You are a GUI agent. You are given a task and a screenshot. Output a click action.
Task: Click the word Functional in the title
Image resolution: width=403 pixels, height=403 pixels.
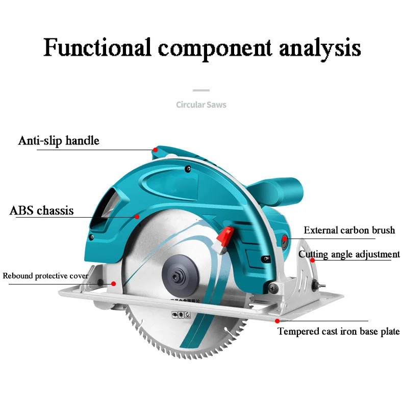pyautogui.click(x=97, y=48)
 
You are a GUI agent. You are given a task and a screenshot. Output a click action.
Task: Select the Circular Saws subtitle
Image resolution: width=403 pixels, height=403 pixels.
pyautogui.click(x=201, y=105)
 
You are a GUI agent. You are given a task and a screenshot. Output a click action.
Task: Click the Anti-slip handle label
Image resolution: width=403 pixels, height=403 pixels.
pyautogui.click(x=59, y=140)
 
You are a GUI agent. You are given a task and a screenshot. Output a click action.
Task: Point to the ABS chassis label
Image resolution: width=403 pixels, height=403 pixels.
pyautogui.click(x=42, y=210)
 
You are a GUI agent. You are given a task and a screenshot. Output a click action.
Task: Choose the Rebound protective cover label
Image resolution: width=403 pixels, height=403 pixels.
pyautogui.click(x=46, y=276)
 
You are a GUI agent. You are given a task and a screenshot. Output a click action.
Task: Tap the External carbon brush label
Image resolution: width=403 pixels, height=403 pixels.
pyautogui.click(x=349, y=230)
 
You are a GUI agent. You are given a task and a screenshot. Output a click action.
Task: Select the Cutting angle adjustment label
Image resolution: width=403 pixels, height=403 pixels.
pyautogui.click(x=349, y=254)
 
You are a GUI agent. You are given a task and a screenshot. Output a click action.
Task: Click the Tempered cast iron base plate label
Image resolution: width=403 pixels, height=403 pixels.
pyautogui.click(x=338, y=331)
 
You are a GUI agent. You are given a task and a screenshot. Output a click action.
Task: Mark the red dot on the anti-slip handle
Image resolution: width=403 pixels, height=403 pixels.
pyautogui.click(x=155, y=150)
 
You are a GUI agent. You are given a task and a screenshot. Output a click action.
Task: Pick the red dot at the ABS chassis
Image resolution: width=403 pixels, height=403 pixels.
pyautogui.click(x=137, y=217)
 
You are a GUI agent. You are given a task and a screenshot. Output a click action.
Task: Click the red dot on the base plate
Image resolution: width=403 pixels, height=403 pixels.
pyautogui.click(x=277, y=321)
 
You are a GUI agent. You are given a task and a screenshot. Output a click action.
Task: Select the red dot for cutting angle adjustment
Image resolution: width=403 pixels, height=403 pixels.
pyautogui.click(x=313, y=259)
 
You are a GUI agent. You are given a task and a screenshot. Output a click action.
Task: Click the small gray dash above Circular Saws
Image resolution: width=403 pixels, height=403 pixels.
pyautogui.click(x=202, y=90)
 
